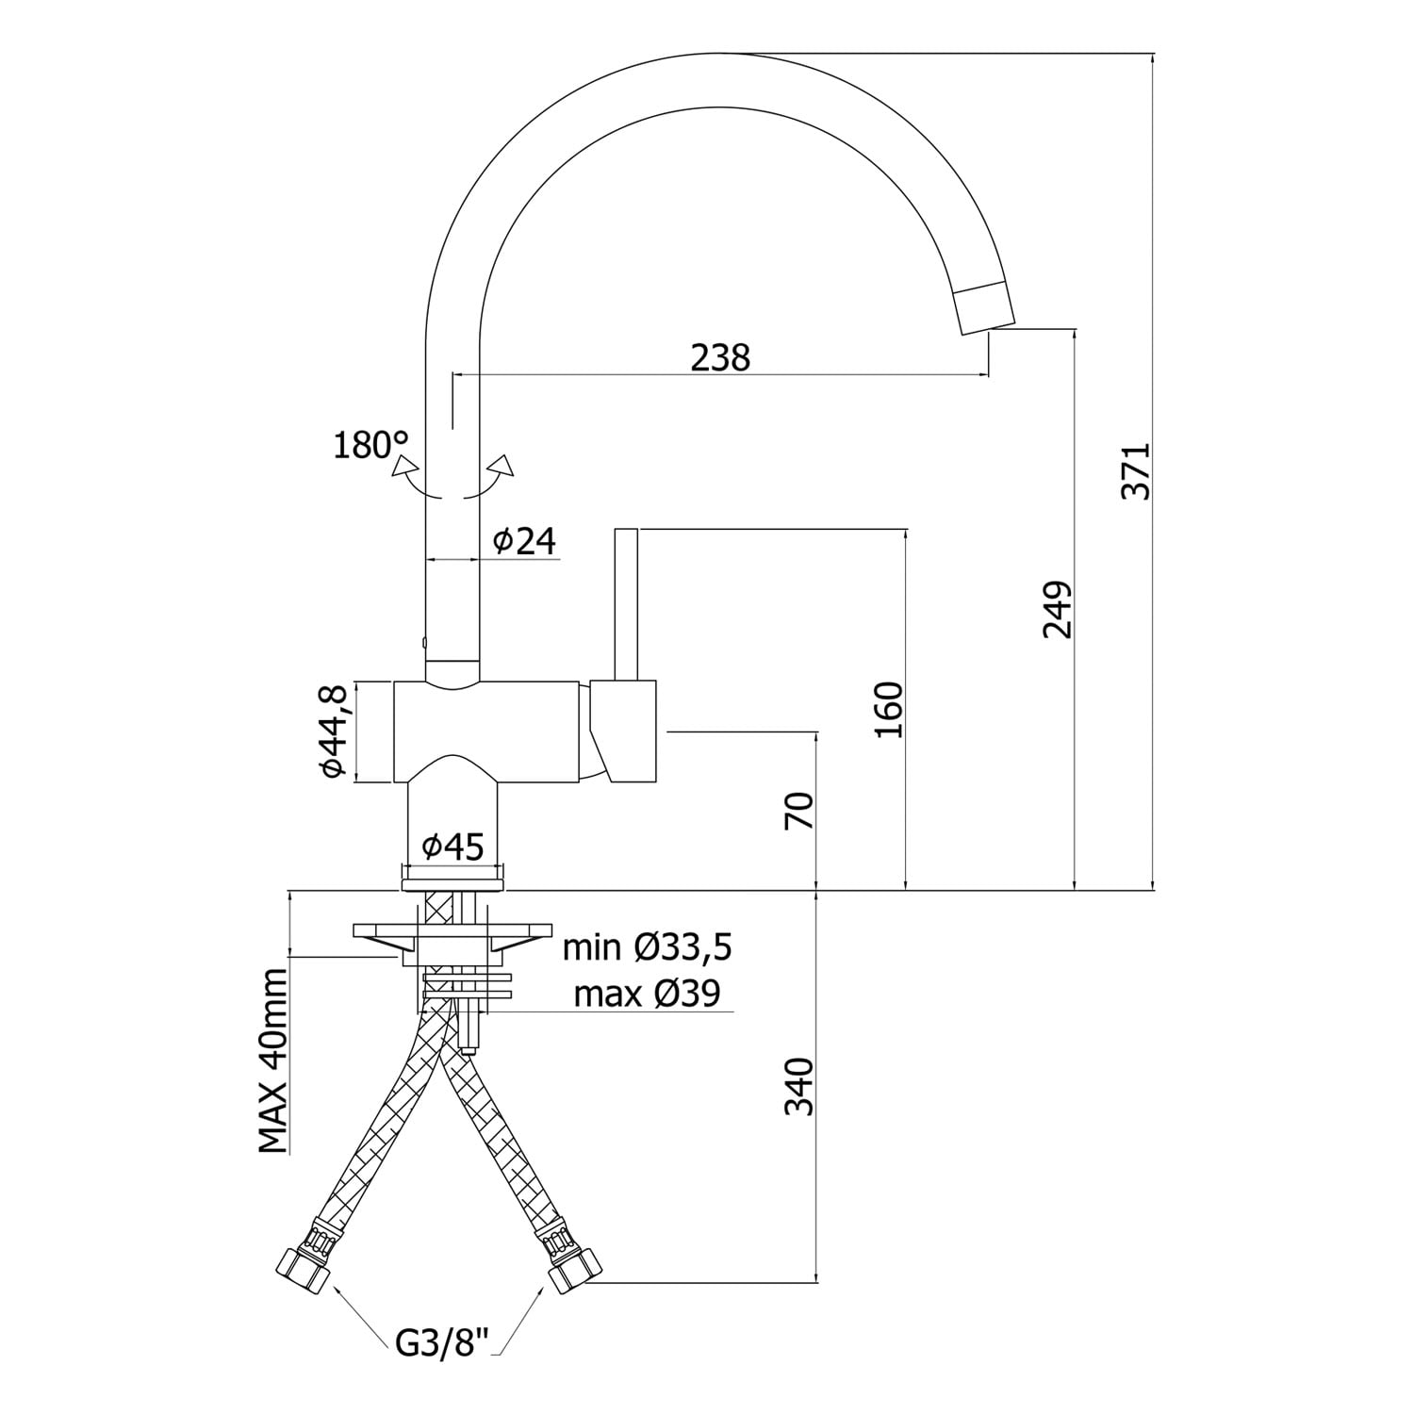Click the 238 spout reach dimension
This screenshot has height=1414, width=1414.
click(x=720, y=358)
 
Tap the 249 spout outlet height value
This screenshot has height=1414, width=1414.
click(x=1059, y=609)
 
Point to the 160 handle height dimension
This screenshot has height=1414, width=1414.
click(x=889, y=709)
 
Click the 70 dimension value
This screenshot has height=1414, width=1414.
click(x=798, y=810)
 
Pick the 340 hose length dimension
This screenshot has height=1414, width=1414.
click(x=799, y=1086)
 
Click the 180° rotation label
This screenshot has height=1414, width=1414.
click(x=371, y=444)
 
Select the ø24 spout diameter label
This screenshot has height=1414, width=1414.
click(x=524, y=541)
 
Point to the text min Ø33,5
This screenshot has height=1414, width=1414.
click(x=647, y=947)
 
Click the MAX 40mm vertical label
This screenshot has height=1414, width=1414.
click(x=273, y=1060)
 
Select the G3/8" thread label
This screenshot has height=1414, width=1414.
click(x=442, y=1342)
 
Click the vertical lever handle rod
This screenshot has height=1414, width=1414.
click(x=626, y=603)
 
